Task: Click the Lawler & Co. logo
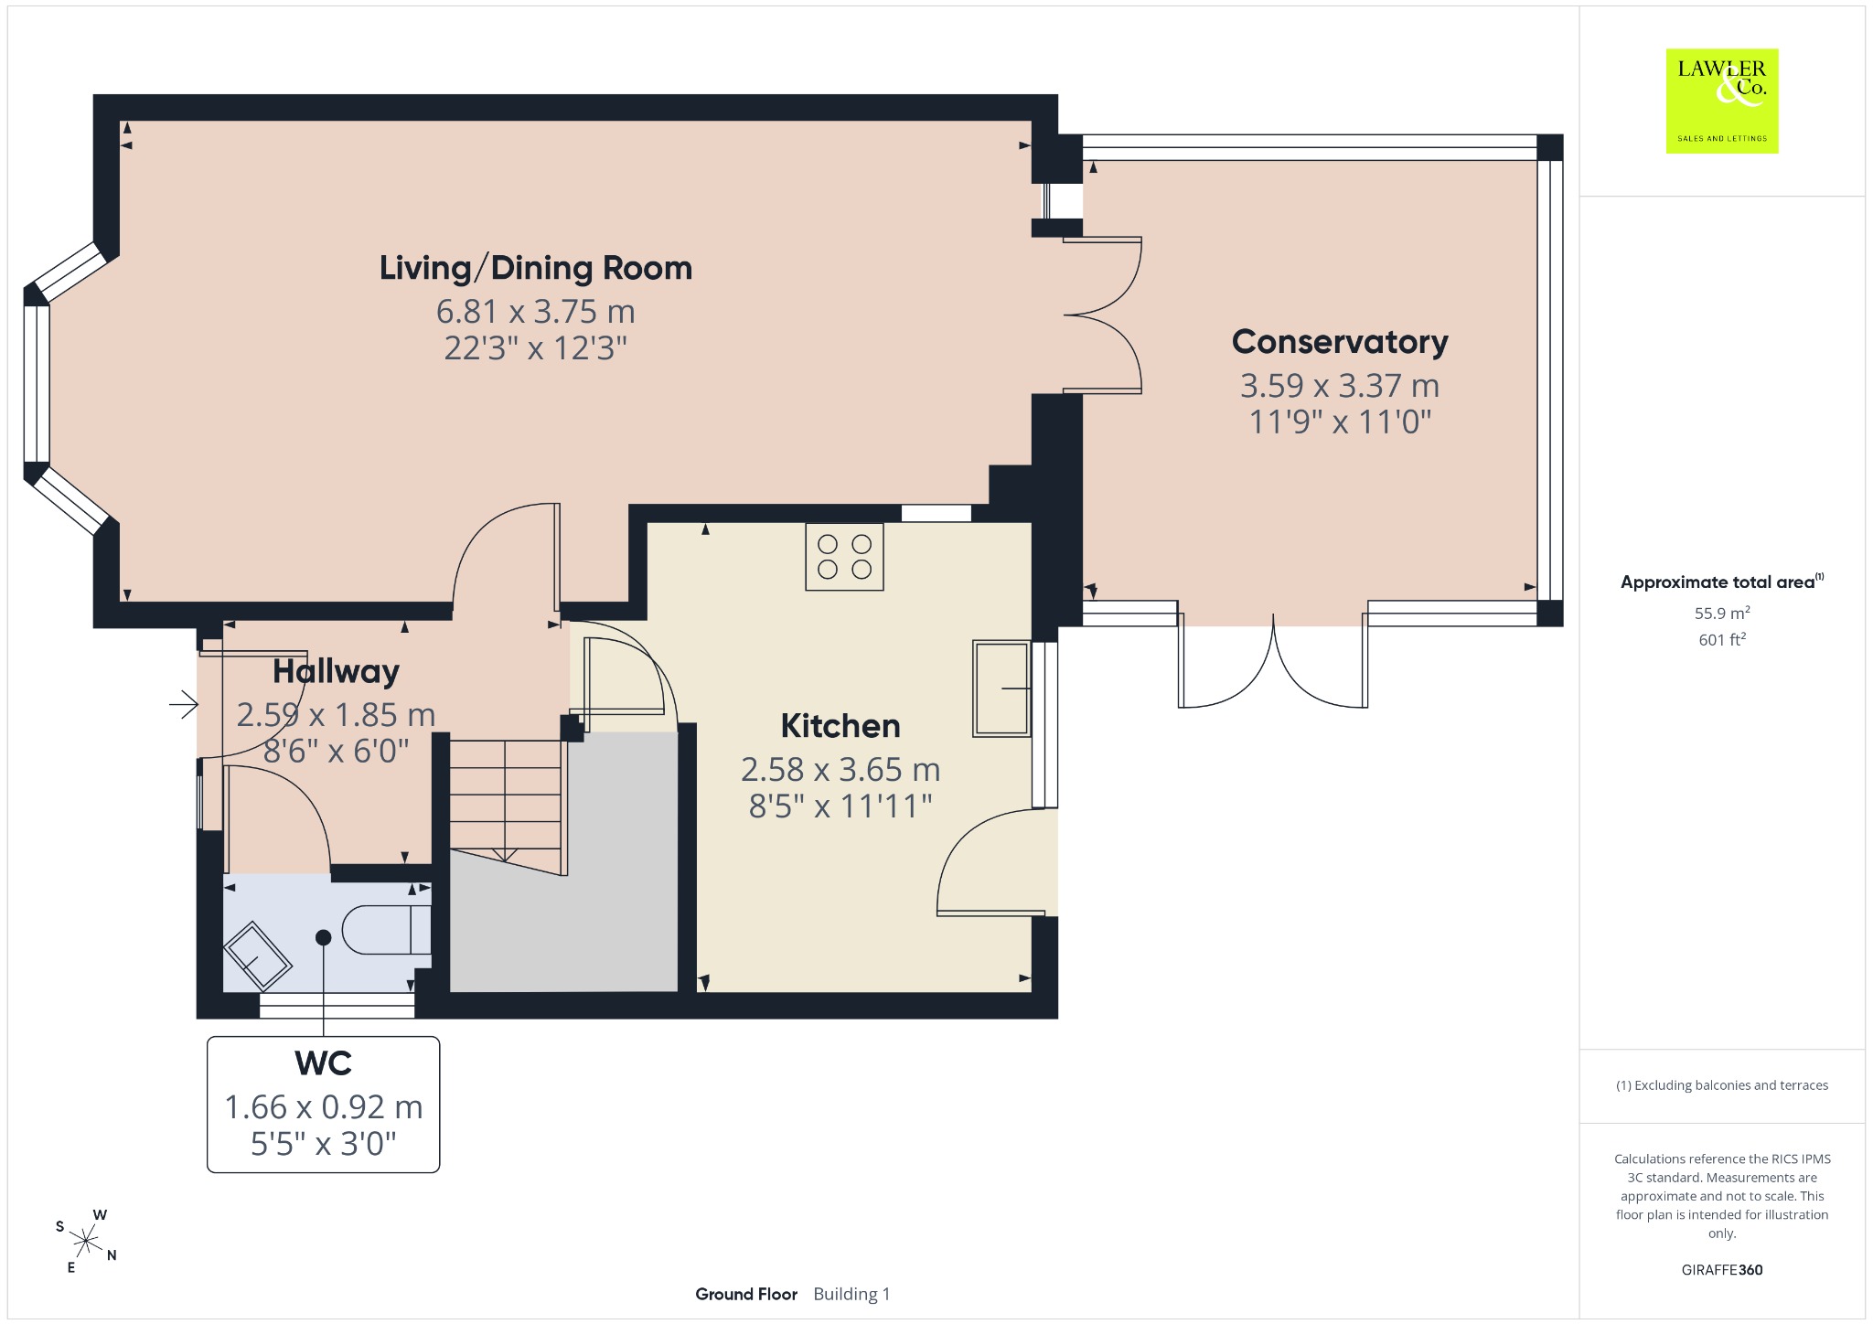pyautogui.click(x=1722, y=101)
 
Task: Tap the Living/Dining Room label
pyautogui.click(x=536, y=268)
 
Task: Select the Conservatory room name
pyautogui.click(x=1340, y=341)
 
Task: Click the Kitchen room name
pyautogui.click(x=840, y=725)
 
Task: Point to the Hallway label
pyautogui.click(x=336, y=671)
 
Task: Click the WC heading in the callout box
pyautogui.click(x=323, y=1062)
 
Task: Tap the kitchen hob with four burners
pyautogui.click(x=844, y=556)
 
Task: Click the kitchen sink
pyautogui.click(x=1001, y=689)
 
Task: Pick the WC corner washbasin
pyautogui.click(x=258, y=956)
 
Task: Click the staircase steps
pyautogui.click(x=506, y=804)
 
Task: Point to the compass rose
pyautogui.click(x=86, y=1241)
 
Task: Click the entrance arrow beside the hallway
pyautogui.click(x=184, y=704)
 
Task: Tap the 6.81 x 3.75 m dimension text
pyautogui.click(x=536, y=312)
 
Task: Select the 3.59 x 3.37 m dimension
pyautogui.click(x=1340, y=386)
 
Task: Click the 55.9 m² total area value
pyautogui.click(x=1722, y=614)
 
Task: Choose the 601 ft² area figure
pyautogui.click(x=1722, y=640)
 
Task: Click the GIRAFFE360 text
pyautogui.click(x=1722, y=1269)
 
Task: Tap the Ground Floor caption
pyautogui.click(x=746, y=1294)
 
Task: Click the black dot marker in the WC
pyautogui.click(x=323, y=937)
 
